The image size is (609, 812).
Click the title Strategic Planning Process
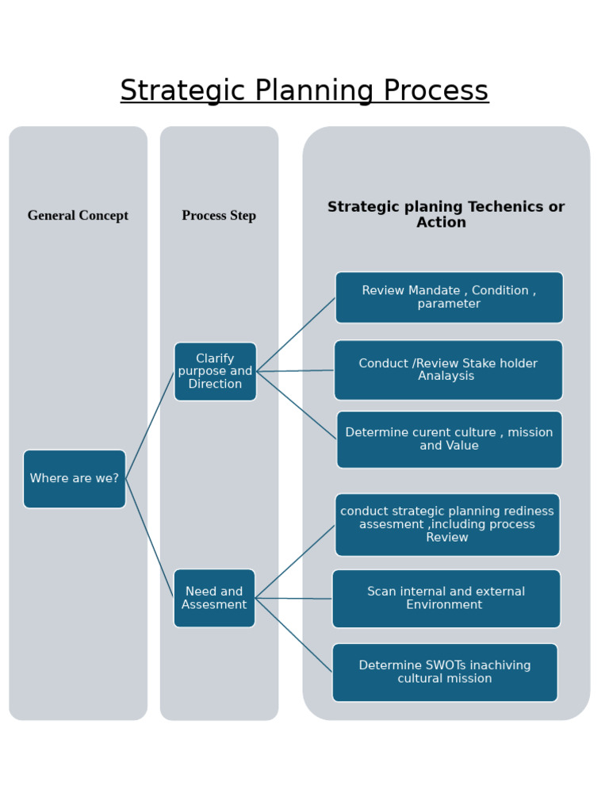(304, 90)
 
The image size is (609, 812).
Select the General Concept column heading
(78, 216)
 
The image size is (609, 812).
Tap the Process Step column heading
(219, 216)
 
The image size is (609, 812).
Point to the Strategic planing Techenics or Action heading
(446, 215)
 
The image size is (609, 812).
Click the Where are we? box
(75, 479)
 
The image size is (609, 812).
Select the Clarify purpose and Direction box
(215, 371)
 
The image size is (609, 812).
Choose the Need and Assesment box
(214, 598)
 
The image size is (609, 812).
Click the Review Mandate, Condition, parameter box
(449, 297)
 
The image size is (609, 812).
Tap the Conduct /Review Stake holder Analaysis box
(448, 370)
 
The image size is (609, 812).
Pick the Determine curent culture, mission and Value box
(449, 439)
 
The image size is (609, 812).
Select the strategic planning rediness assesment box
(447, 524)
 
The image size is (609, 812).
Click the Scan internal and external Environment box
(446, 598)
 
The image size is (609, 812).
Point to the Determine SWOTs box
(445, 672)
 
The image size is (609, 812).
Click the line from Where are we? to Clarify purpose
(150, 425)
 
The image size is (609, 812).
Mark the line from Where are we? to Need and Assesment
(150, 538)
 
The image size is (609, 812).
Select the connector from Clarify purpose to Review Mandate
(296, 335)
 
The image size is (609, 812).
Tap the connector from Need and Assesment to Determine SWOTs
(293, 634)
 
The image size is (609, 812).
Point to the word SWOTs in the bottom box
(446, 665)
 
